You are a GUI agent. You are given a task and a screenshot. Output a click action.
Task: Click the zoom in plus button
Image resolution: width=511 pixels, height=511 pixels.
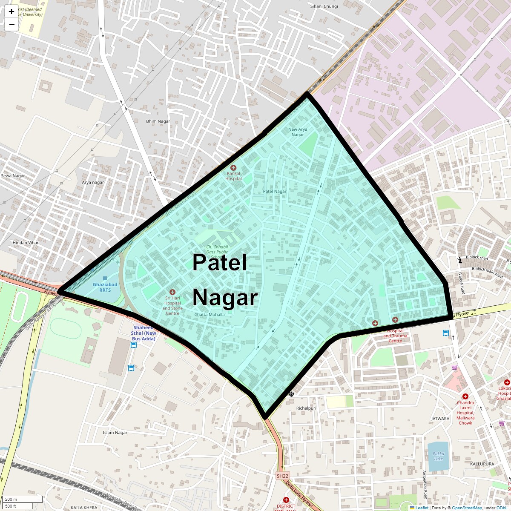[x=11, y=11]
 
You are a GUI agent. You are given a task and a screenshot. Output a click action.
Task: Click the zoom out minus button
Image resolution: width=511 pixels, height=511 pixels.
[x=11, y=24]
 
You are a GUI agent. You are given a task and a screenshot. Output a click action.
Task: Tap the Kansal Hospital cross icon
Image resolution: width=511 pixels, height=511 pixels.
[x=233, y=168]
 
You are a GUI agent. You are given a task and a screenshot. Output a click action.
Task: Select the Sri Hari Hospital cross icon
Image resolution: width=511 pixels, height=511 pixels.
[x=172, y=292]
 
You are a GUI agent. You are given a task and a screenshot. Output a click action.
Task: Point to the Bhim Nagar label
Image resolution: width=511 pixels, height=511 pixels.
[x=158, y=121]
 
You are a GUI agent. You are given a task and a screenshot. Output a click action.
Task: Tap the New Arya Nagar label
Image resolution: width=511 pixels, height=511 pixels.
[x=298, y=132]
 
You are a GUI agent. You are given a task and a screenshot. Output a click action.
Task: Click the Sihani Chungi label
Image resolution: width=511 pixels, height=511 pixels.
[x=324, y=6]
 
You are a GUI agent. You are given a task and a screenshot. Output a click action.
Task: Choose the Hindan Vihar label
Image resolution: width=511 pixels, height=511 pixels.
[x=26, y=243]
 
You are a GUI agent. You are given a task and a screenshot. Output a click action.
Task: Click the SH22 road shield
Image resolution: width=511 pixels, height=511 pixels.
[x=282, y=476]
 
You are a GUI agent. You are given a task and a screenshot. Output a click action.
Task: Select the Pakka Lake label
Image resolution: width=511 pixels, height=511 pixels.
[x=438, y=456]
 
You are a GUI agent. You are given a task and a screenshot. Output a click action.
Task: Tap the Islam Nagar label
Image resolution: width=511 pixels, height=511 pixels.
[x=115, y=433]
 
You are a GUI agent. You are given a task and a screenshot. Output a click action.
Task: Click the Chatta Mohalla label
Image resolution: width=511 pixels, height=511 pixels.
[x=210, y=315]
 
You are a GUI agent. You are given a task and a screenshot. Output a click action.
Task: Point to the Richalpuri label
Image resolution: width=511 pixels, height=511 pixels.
[x=306, y=408]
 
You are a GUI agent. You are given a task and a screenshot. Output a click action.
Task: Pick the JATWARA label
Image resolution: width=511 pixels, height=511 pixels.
[x=440, y=419]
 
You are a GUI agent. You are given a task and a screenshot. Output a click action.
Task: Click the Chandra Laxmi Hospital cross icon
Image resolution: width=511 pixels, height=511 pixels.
[x=465, y=396]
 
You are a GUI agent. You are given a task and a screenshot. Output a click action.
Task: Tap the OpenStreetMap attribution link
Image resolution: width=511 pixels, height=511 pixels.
[x=467, y=508]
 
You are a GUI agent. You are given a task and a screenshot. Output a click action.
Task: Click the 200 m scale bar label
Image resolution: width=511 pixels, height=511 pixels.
[x=11, y=499]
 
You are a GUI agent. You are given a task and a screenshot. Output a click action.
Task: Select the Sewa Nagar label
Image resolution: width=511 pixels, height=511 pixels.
[x=13, y=176]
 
